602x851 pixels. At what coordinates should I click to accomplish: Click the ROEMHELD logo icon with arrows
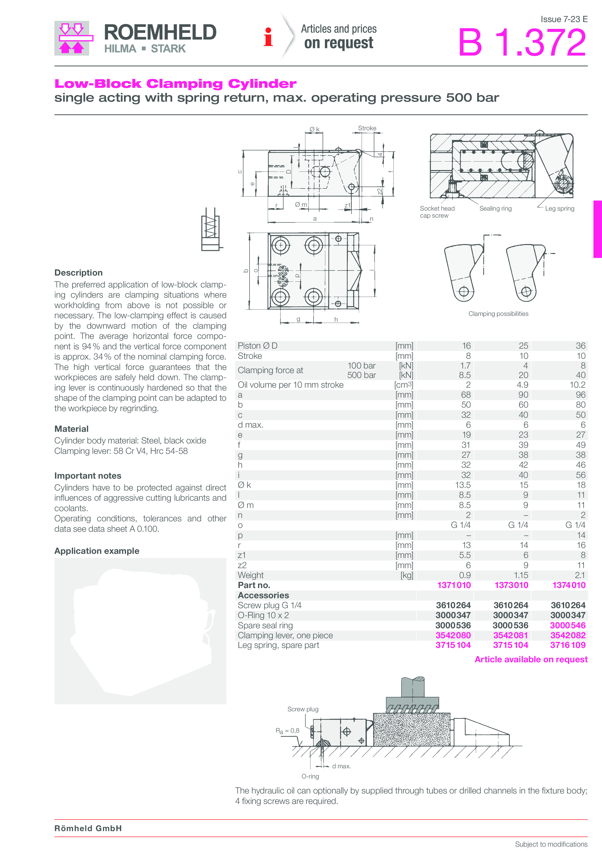point(72,38)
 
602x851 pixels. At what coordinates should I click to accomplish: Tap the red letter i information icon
point(268,37)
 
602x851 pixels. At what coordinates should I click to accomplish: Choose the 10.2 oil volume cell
point(577,385)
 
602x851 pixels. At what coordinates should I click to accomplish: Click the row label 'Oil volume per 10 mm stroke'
point(290,385)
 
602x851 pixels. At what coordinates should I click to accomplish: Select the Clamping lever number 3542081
point(510,635)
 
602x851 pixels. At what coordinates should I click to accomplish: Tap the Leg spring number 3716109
point(568,645)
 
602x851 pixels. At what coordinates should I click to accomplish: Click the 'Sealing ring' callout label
point(495,209)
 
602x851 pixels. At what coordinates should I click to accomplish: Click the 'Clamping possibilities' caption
point(498,314)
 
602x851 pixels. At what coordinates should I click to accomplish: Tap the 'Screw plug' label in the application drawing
point(303,709)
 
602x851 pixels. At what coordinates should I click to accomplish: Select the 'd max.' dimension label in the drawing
point(341,766)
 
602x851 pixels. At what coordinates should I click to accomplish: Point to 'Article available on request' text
point(531,659)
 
